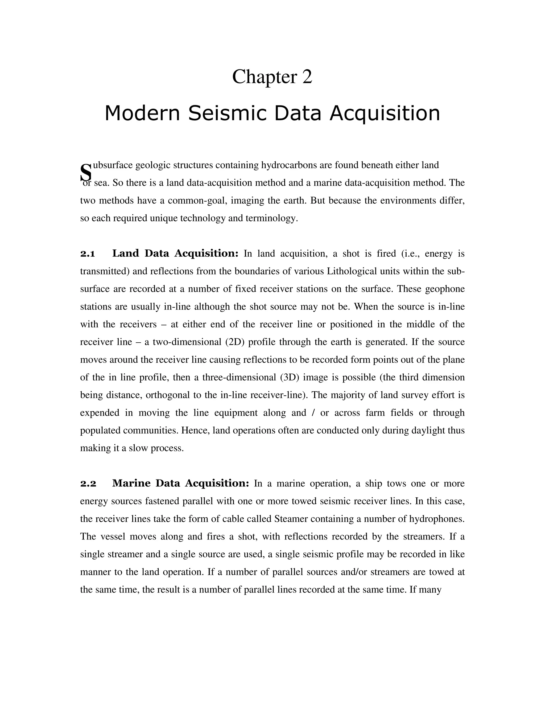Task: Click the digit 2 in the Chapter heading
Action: [x=307, y=77]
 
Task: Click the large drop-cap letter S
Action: [x=86, y=173]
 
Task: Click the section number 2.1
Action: [x=88, y=253]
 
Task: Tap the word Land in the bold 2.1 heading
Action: [x=126, y=253]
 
